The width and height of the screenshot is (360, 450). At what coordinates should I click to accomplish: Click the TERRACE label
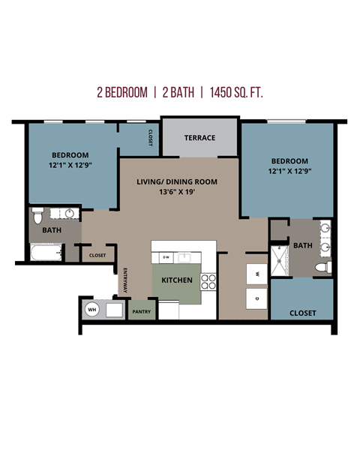click(x=200, y=138)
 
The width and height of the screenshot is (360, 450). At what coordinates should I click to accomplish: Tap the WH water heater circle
click(x=92, y=309)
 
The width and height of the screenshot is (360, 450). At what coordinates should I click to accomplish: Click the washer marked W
click(x=257, y=274)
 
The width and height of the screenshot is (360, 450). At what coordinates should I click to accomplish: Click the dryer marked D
click(x=257, y=298)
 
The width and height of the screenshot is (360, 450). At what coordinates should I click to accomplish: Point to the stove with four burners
click(x=209, y=282)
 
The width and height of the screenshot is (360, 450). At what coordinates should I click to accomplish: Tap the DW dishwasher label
click(x=166, y=257)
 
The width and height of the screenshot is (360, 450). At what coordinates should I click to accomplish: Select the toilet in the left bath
click(x=37, y=217)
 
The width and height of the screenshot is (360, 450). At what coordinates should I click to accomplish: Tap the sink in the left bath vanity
click(x=70, y=214)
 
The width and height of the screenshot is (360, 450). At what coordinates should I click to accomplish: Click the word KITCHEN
click(x=177, y=280)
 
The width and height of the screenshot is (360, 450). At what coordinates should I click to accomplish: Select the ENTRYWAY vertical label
click(x=124, y=281)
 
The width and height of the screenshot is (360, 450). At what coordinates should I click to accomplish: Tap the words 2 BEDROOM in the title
click(x=121, y=93)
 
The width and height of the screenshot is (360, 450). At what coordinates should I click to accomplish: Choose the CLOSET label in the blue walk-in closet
click(x=301, y=313)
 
